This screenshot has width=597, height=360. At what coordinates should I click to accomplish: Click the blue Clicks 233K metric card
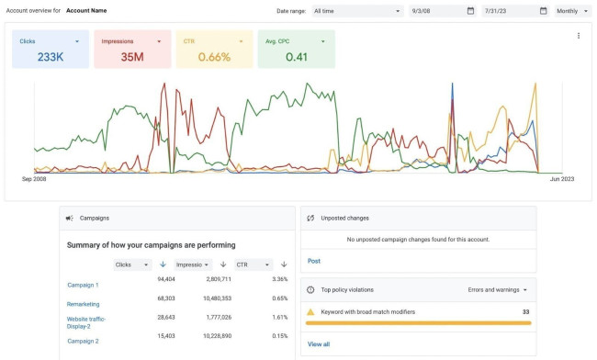point(51,49)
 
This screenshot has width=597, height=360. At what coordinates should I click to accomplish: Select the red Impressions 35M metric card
point(132,49)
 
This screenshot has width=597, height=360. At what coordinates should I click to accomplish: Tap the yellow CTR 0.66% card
point(214,49)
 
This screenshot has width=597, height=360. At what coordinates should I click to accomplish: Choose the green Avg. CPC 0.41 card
point(296,49)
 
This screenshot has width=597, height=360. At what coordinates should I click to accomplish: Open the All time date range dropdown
point(356,11)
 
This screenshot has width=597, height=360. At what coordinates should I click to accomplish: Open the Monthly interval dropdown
point(572,11)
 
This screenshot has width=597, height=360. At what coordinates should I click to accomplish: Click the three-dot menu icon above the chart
point(578,36)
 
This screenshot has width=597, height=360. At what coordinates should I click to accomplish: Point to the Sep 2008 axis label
point(35,179)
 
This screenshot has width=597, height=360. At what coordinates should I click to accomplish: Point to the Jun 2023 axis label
point(561,179)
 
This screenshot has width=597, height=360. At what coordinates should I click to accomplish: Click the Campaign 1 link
point(83,285)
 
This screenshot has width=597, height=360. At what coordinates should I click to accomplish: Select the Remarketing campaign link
point(83,303)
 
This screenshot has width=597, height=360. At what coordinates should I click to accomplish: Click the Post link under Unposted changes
point(314,261)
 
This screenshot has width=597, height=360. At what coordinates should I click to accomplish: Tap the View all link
point(319,343)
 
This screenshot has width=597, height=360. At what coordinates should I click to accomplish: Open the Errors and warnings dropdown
point(498,289)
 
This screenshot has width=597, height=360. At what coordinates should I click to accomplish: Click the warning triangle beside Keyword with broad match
point(311,312)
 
